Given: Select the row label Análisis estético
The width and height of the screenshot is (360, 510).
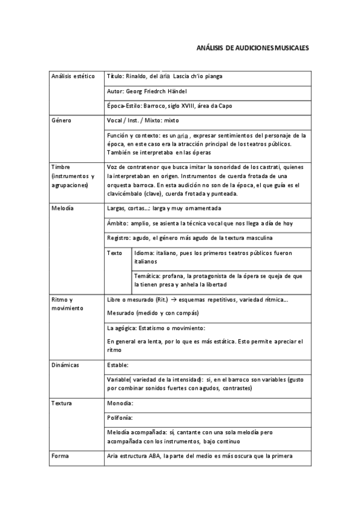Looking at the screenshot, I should (73, 76).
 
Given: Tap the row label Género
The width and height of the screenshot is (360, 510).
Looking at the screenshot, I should (61, 120).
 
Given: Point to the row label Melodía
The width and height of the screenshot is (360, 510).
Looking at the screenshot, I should (63, 209).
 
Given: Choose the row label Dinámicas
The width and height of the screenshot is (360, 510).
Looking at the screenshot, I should (66, 365).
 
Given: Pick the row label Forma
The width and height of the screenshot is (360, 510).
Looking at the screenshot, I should (60, 455).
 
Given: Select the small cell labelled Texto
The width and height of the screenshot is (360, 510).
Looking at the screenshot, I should (114, 253).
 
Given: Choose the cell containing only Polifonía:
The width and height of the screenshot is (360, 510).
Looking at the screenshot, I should (120, 417).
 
